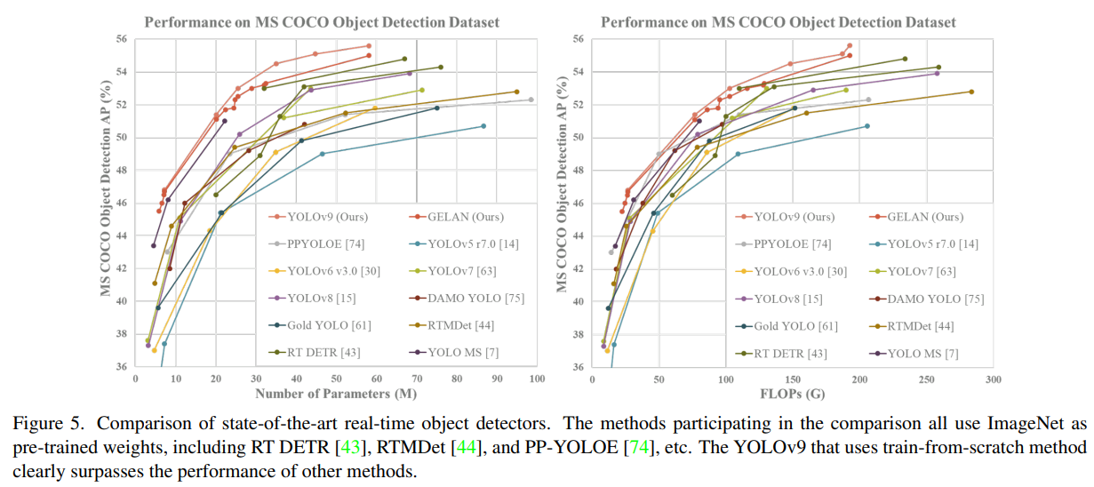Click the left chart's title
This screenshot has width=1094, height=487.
(x=322, y=21)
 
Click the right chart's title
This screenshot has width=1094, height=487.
(x=779, y=21)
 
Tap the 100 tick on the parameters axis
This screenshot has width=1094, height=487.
(x=537, y=379)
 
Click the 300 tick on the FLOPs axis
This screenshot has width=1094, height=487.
(x=993, y=379)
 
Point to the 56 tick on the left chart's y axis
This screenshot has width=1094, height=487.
(x=122, y=39)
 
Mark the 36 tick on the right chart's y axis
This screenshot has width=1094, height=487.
(x=579, y=367)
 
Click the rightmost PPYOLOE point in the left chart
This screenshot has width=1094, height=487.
(x=531, y=100)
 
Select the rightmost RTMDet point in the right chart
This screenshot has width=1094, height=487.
(x=971, y=92)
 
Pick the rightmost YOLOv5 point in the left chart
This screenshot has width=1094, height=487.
(x=483, y=126)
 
